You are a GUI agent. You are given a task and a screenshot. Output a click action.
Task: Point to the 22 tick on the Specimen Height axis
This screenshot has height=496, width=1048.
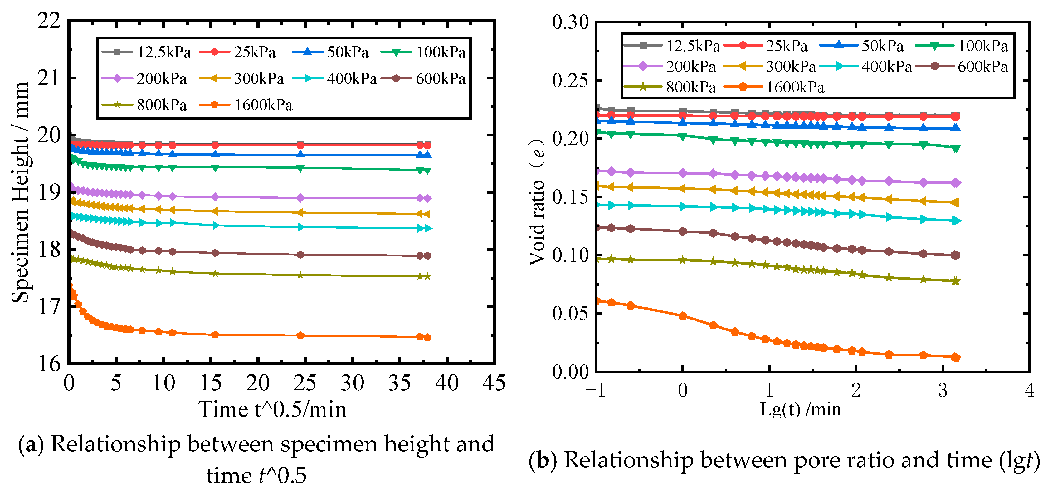pyautogui.click(x=49, y=20)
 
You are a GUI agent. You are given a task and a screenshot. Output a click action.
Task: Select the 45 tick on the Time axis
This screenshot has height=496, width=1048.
pyautogui.click(x=494, y=383)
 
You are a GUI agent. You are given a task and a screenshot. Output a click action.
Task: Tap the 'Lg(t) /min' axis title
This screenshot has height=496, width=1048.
pyautogui.click(x=800, y=409)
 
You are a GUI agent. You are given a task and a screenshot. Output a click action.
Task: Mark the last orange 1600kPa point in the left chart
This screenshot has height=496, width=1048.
pyautogui.click(x=427, y=337)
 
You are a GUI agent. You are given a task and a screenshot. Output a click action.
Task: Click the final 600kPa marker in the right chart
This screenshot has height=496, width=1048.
pyautogui.click(x=956, y=255)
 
